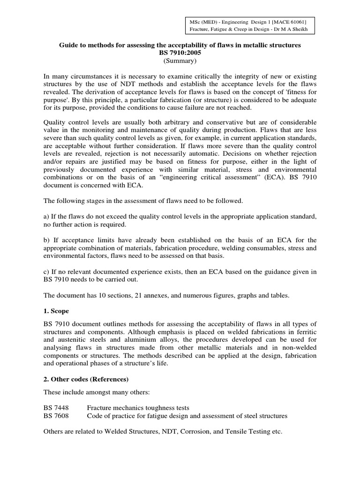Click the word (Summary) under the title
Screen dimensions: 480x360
click(180, 61)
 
